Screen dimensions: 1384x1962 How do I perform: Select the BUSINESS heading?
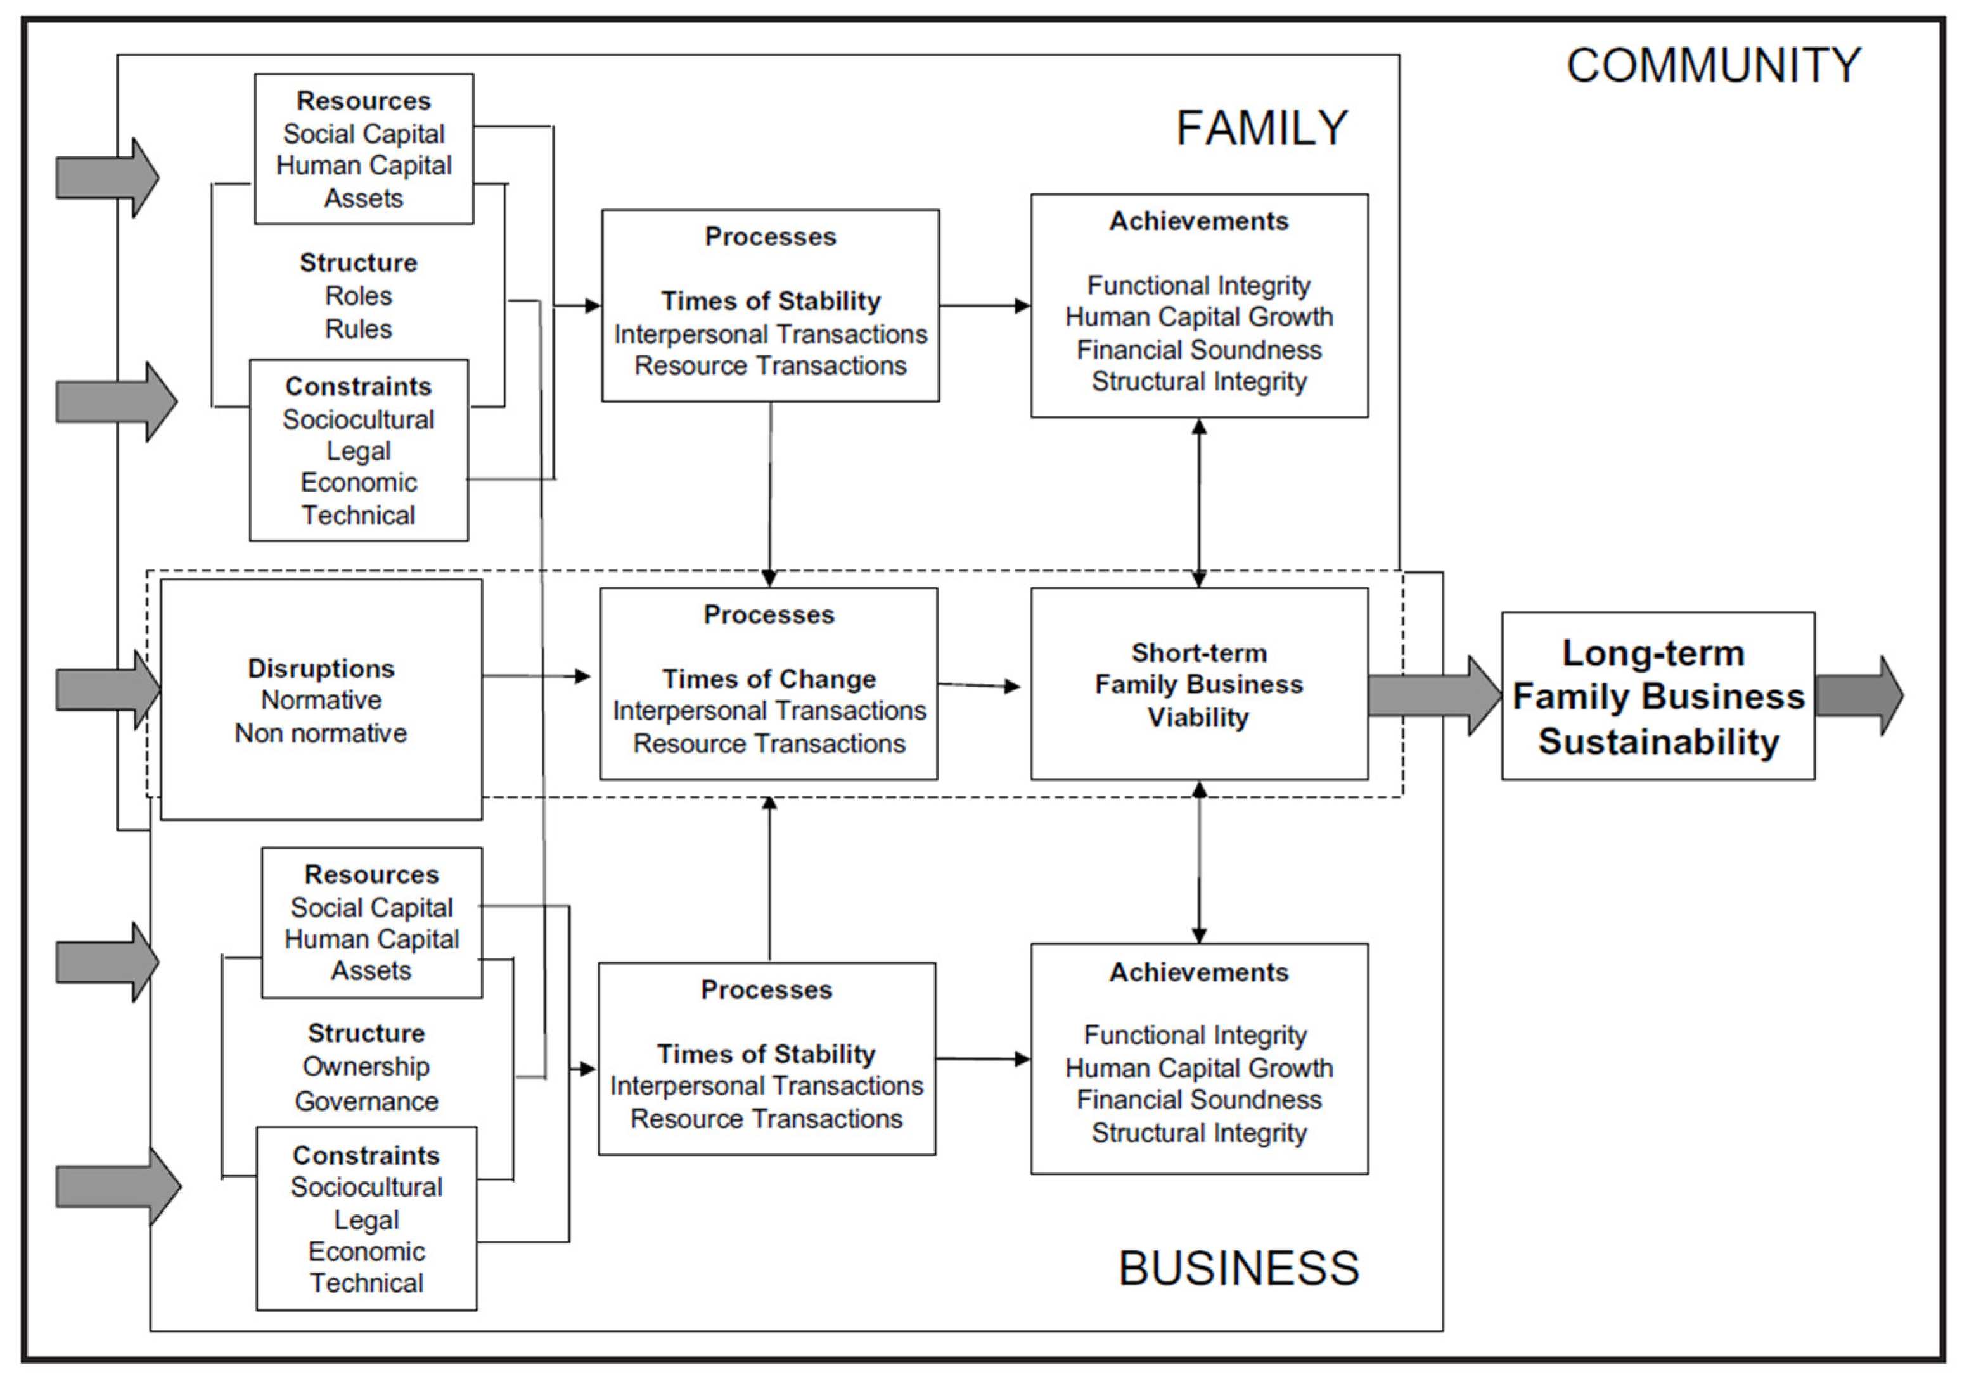(1238, 1268)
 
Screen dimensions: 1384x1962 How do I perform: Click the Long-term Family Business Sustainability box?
(1658, 696)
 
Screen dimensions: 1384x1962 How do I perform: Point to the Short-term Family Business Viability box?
(1198, 684)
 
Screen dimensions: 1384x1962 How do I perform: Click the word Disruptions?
(321, 668)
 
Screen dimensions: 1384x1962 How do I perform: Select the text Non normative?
(321, 733)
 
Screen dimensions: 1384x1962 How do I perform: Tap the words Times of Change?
(769, 679)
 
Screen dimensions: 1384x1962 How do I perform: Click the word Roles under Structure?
(358, 296)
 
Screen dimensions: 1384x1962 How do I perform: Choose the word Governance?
(366, 1101)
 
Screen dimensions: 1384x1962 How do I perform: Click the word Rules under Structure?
(358, 329)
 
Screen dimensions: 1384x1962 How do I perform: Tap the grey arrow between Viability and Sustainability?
(1434, 695)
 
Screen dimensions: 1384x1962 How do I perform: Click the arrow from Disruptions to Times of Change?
(537, 676)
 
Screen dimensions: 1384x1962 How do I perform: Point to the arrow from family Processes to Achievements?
(984, 305)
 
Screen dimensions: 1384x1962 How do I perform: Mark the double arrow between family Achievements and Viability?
(1199, 502)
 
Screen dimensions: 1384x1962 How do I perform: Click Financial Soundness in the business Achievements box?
(1198, 1100)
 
